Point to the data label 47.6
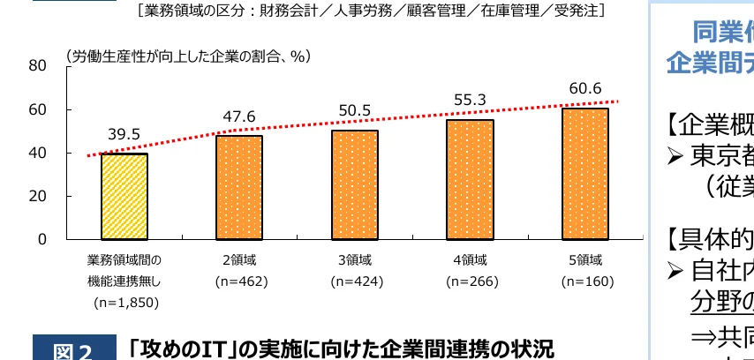(x=239, y=117)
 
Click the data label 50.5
(x=354, y=111)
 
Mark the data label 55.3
(x=470, y=101)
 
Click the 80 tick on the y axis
(x=37, y=66)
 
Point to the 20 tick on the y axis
(x=37, y=196)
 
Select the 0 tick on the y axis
(x=41, y=239)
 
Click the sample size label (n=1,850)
(x=124, y=303)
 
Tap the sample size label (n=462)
(x=239, y=282)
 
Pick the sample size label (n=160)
(x=584, y=282)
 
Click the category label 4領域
(x=470, y=260)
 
